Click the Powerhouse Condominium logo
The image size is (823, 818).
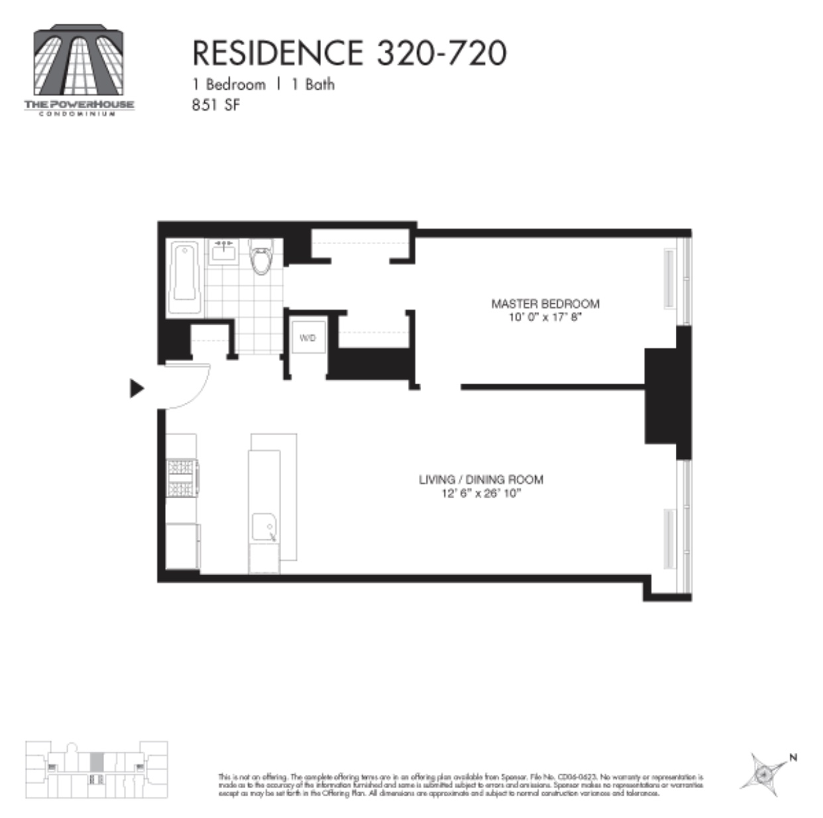coord(80,70)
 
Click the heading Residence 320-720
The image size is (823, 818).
coord(349,53)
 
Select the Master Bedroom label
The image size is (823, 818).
coord(545,304)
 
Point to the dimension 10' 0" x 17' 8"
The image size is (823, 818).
coord(545,317)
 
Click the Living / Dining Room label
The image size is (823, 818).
coord(481,479)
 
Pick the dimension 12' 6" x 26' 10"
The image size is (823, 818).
coord(481,493)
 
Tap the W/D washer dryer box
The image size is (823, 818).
coord(308,338)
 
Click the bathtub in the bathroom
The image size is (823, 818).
coord(184,279)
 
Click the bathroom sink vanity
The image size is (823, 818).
coord(225,252)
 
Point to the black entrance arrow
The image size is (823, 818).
coord(137,388)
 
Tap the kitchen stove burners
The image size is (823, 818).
coord(180,478)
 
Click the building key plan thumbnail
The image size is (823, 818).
coord(96,770)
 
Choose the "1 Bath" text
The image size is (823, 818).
coord(313,85)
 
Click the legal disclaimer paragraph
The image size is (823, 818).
coord(460,785)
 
